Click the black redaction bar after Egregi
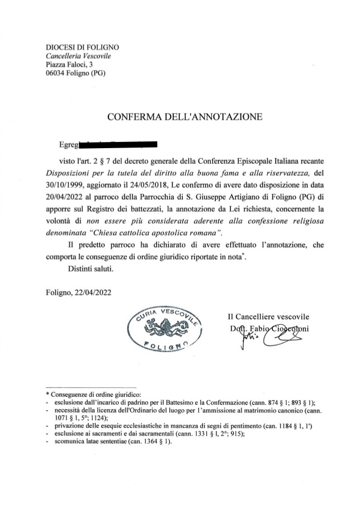pyautogui.click(x=117, y=146)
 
